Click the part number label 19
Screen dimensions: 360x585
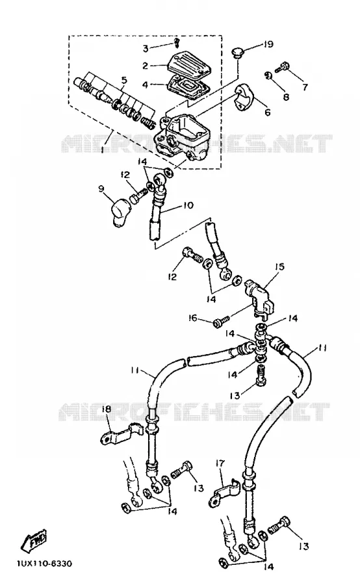tap(268, 44)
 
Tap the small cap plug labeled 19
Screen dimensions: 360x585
tap(237, 53)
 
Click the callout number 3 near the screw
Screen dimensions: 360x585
tap(146, 48)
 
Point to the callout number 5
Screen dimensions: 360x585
tap(124, 80)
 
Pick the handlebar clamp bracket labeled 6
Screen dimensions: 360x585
tap(245, 97)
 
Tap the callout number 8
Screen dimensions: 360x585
tap(286, 97)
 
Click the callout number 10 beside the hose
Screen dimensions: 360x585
tap(188, 205)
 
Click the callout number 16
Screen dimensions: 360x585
tap(192, 318)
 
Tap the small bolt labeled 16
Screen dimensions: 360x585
tap(220, 322)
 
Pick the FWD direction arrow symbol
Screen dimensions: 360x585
tap(34, 540)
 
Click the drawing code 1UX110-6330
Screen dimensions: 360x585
tap(44, 563)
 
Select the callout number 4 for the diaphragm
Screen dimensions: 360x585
tap(145, 84)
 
